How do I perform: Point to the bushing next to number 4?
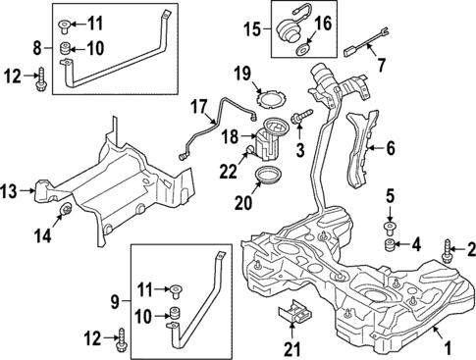coord(389,244)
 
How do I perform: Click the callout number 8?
coord(37,47)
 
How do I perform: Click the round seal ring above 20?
coord(263,179)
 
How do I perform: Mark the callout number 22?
coord(228,172)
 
